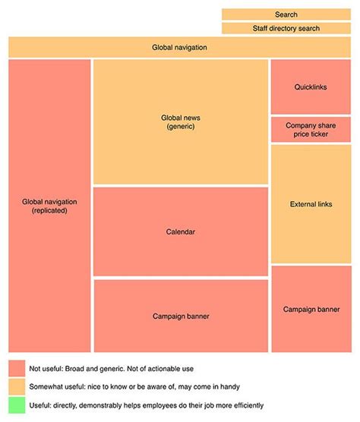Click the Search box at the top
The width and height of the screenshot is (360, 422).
coord(286,14)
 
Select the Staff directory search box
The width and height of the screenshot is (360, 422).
coord(286,28)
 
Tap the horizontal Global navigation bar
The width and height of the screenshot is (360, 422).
coord(179,47)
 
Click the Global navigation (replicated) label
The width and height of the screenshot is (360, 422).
coord(49,206)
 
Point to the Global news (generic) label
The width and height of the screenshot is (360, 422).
coord(181,122)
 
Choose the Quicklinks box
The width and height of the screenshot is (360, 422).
coord(310,87)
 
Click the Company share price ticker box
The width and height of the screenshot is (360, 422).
coord(310,130)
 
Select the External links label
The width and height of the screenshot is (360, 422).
coord(310,204)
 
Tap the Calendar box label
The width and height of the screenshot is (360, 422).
coord(181,231)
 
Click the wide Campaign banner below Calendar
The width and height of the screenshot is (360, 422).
coord(181,316)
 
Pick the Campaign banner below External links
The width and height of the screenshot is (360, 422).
coord(310,309)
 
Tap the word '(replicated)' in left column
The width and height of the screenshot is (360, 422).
coord(49,210)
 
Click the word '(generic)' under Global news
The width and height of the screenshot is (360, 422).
coord(181,127)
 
